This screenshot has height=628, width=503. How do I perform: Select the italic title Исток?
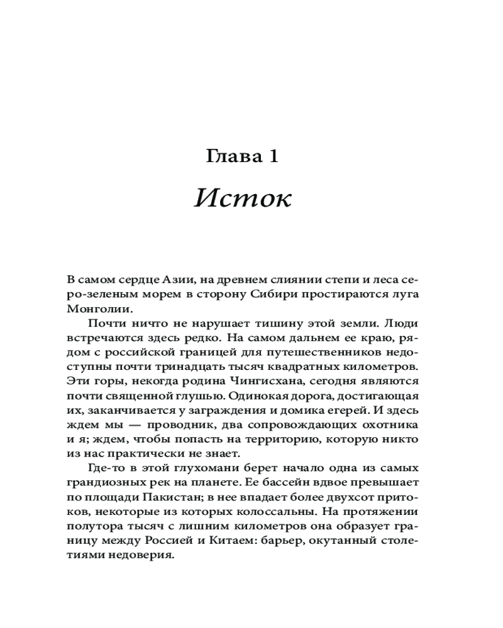(x=243, y=198)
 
